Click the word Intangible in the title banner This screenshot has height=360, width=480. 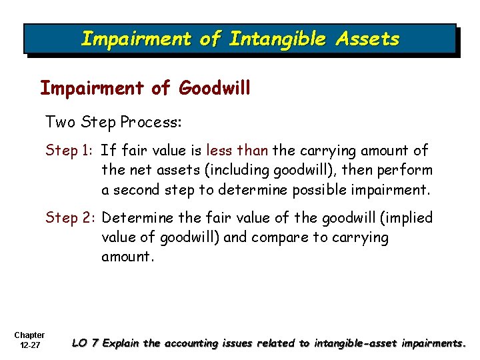(x=275, y=39)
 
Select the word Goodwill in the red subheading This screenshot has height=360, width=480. (x=215, y=88)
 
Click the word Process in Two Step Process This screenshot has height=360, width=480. (x=151, y=122)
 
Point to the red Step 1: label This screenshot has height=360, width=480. (x=70, y=151)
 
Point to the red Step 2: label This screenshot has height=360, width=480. (x=71, y=218)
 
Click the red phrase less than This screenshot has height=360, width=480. (x=237, y=151)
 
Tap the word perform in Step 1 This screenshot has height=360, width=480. (x=406, y=171)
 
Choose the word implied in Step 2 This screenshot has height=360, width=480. (x=407, y=218)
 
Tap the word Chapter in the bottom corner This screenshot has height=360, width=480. (x=29, y=335)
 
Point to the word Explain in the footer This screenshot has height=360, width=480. (x=121, y=343)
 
